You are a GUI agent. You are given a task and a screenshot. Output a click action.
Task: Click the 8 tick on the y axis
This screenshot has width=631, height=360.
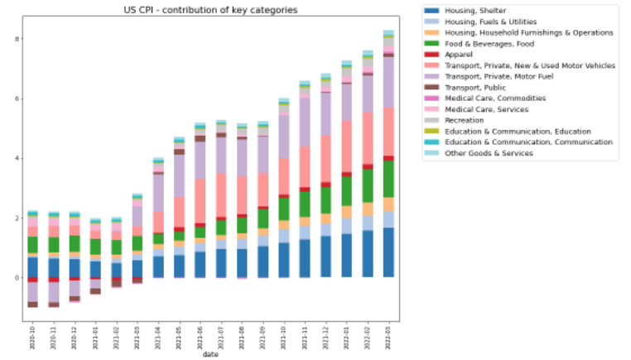[17, 39]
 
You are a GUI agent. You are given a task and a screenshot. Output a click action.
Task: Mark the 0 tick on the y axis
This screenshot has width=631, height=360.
[17, 278]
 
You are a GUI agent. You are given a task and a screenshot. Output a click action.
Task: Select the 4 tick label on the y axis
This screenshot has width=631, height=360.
[17, 159]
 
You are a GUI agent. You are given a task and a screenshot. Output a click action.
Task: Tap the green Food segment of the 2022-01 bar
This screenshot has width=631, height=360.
[346, 190]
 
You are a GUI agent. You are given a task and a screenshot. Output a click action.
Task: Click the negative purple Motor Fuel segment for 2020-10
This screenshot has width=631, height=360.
[32, 291]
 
